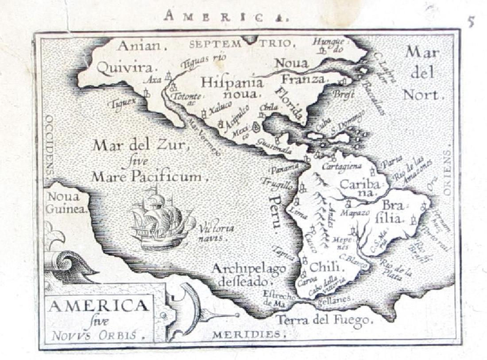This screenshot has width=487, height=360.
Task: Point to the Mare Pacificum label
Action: coord(147,177)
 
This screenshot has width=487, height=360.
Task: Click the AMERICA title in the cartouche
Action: coord(98,306)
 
